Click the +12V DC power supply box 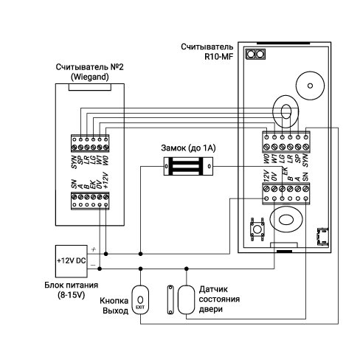72,261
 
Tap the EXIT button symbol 140,300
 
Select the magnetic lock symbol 188,167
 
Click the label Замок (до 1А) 188,148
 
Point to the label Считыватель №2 89,67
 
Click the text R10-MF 218,57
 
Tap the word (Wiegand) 90,77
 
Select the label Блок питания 71,285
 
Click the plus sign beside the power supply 94,249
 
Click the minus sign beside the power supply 93,265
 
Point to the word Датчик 213,289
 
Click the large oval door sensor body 186,300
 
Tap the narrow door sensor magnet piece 170,300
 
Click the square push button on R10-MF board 257,229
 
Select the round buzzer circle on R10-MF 310,86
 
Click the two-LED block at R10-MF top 255,54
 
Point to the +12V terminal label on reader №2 106,180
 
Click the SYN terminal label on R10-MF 305,160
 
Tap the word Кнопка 114,301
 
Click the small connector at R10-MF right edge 322,237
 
